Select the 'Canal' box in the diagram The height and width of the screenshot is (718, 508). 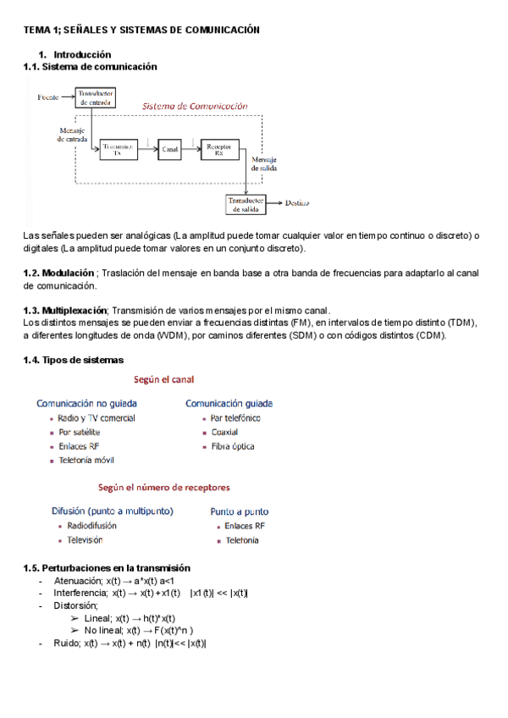(x=171, y=149)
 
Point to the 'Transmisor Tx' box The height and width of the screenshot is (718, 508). (x=118, y=149)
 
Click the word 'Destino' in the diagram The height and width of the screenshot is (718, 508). (x=297, y=203)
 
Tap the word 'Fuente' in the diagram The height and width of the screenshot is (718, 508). (x=48, y=98)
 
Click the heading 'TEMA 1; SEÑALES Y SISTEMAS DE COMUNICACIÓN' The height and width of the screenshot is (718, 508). (x=141, y=30)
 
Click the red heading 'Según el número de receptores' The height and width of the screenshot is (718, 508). (x=164, y=488)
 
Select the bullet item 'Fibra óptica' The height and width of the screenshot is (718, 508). (x=233, y=446)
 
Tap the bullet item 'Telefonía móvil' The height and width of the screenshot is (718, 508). (x=86, y=461)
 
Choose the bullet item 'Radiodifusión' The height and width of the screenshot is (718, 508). (x=92, y=526)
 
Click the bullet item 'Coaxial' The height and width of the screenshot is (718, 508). (x=225, y=432)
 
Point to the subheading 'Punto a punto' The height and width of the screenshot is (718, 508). (x=240, y=511)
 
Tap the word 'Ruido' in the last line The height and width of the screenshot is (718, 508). (x=67, y=643)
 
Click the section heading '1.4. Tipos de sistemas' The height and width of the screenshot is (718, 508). (x=73, y=361)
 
